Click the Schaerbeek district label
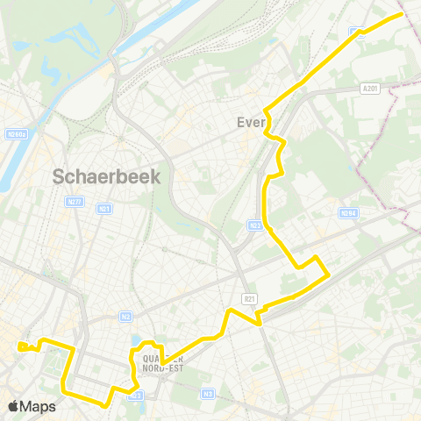pyautogui.click(x=107, y=175)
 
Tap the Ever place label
pyautogui.click(x=252, y=123)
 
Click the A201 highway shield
pyautogui.click(x=370, y=88)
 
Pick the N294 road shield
pyautogui.click(x=348, y=213)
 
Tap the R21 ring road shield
pyautogui.click(x=249, y=298)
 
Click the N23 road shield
pyautogui.click(x=256, y=225)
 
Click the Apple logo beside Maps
pyautogui.click(x=14, y=406)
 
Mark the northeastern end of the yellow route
pyautogui.click(x=402, y=14)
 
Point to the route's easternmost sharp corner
pyautogui.click(x=328, y=275)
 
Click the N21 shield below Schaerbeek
pyautogui.click(x=105, y=209)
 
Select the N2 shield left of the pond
pyautogui.click(x=125, y=317)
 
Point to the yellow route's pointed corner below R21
pyautogui.click(x=260, y=325)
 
